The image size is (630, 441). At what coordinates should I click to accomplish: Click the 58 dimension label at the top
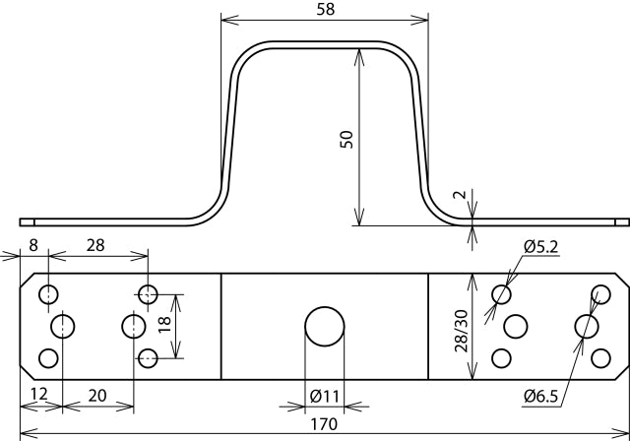(325, 9)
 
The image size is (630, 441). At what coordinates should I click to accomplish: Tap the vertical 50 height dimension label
(346, 140)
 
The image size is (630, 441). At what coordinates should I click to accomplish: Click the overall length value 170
(324, 424)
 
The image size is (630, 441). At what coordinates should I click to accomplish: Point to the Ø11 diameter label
(325, 397)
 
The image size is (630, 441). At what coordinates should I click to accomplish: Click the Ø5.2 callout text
(541, 247)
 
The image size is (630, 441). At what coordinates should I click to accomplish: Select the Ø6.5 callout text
(540, 397)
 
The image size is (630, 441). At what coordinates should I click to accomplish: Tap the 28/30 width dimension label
(462, 331)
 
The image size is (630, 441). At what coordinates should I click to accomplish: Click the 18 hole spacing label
(164, 324)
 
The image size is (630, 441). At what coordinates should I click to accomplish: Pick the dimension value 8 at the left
(33, 244)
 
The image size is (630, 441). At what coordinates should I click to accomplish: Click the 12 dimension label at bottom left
(39, 394)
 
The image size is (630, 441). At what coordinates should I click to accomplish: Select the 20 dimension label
(97, 396)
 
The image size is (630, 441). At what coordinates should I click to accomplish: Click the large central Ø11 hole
(325, 327)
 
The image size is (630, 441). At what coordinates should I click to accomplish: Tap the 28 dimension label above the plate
(95, 245)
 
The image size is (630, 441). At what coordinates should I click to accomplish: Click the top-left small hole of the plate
(48, 294)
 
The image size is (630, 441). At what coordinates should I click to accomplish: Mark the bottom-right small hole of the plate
(601, 358)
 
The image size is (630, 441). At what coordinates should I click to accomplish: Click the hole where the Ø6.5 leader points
(587, 326)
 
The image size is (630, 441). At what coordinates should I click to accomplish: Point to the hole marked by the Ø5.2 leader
(501, 294)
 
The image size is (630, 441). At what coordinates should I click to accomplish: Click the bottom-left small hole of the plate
(48, 358)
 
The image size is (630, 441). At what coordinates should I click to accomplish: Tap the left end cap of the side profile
(27, 222)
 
